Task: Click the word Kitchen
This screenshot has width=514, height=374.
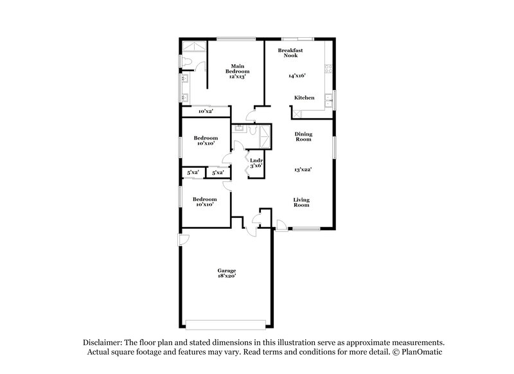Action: tap(304, 98)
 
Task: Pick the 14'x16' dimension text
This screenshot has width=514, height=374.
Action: tap(296, 76)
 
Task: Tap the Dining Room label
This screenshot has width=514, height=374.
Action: tap(303, 136)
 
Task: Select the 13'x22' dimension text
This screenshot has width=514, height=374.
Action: tap(303, 169)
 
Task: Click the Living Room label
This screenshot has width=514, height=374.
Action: tap(301, 202)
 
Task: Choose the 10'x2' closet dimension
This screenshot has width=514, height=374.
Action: tap(206, 112)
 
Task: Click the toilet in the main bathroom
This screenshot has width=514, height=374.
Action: tap(185, 60)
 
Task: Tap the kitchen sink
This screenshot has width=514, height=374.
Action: tap(329, 98)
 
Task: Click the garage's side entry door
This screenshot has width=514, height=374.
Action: tap(182, 241)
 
